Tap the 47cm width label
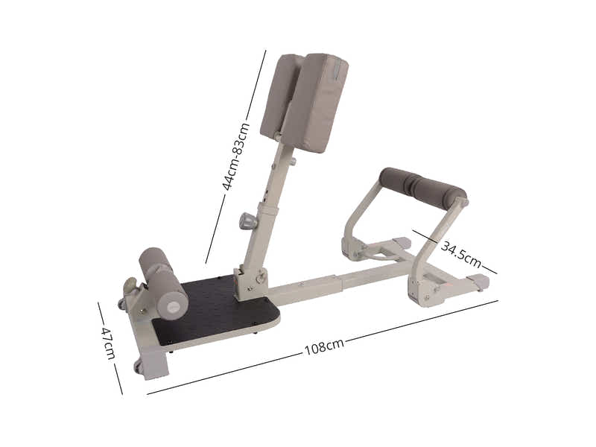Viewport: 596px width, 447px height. point(109,343)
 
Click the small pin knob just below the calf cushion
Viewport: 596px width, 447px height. point(292,161)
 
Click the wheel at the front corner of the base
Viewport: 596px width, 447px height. point(138,367)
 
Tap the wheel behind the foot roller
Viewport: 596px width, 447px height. point(121,304)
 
